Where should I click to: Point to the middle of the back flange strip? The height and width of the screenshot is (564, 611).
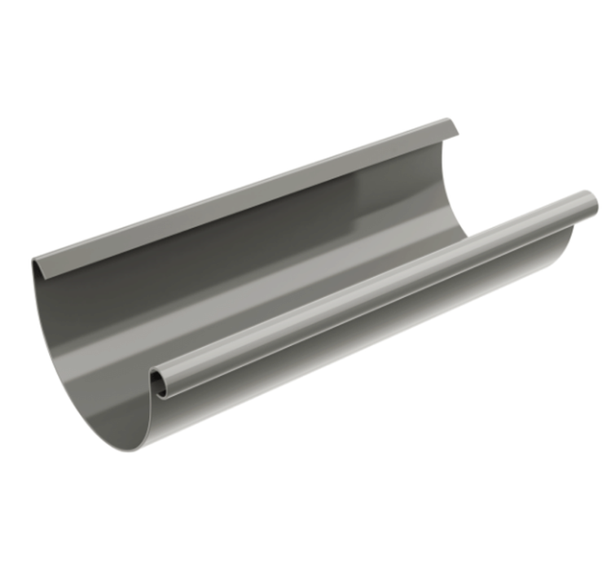[x=244, y=195]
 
